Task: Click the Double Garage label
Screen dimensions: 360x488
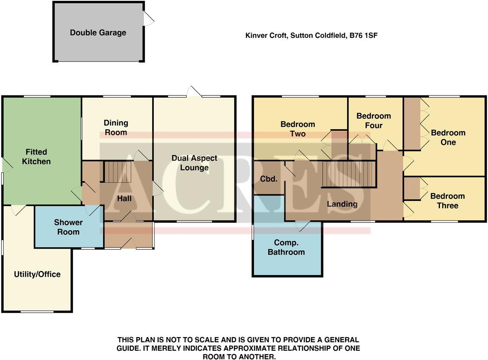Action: (x=98, y=33)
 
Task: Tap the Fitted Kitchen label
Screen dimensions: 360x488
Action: (x=36, y=157)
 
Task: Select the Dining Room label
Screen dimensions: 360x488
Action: (x=116, y=128)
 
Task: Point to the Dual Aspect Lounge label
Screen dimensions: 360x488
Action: (x=194, y=163)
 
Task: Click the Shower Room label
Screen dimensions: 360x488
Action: (x=68, y=227)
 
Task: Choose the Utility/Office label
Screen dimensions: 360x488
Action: (x=37, y=274)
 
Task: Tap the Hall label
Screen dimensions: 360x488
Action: (x=124, y=199)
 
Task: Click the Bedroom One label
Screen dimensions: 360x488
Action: (x=448, y=137)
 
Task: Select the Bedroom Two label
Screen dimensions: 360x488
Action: (x=297, y=129)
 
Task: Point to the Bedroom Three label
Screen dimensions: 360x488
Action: (x=447, y=201)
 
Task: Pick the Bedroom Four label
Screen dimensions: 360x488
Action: (x=373, y=121)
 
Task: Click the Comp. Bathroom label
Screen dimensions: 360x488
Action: (x=289, y=247)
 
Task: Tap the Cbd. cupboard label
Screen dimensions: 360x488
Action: (x=269, y=179)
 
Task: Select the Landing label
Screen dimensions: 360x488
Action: (x=342, y=204)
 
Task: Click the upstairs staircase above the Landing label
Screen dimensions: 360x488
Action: (x=349, y=174)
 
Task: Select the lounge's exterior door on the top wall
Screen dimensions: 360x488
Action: (x=194, y=92)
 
